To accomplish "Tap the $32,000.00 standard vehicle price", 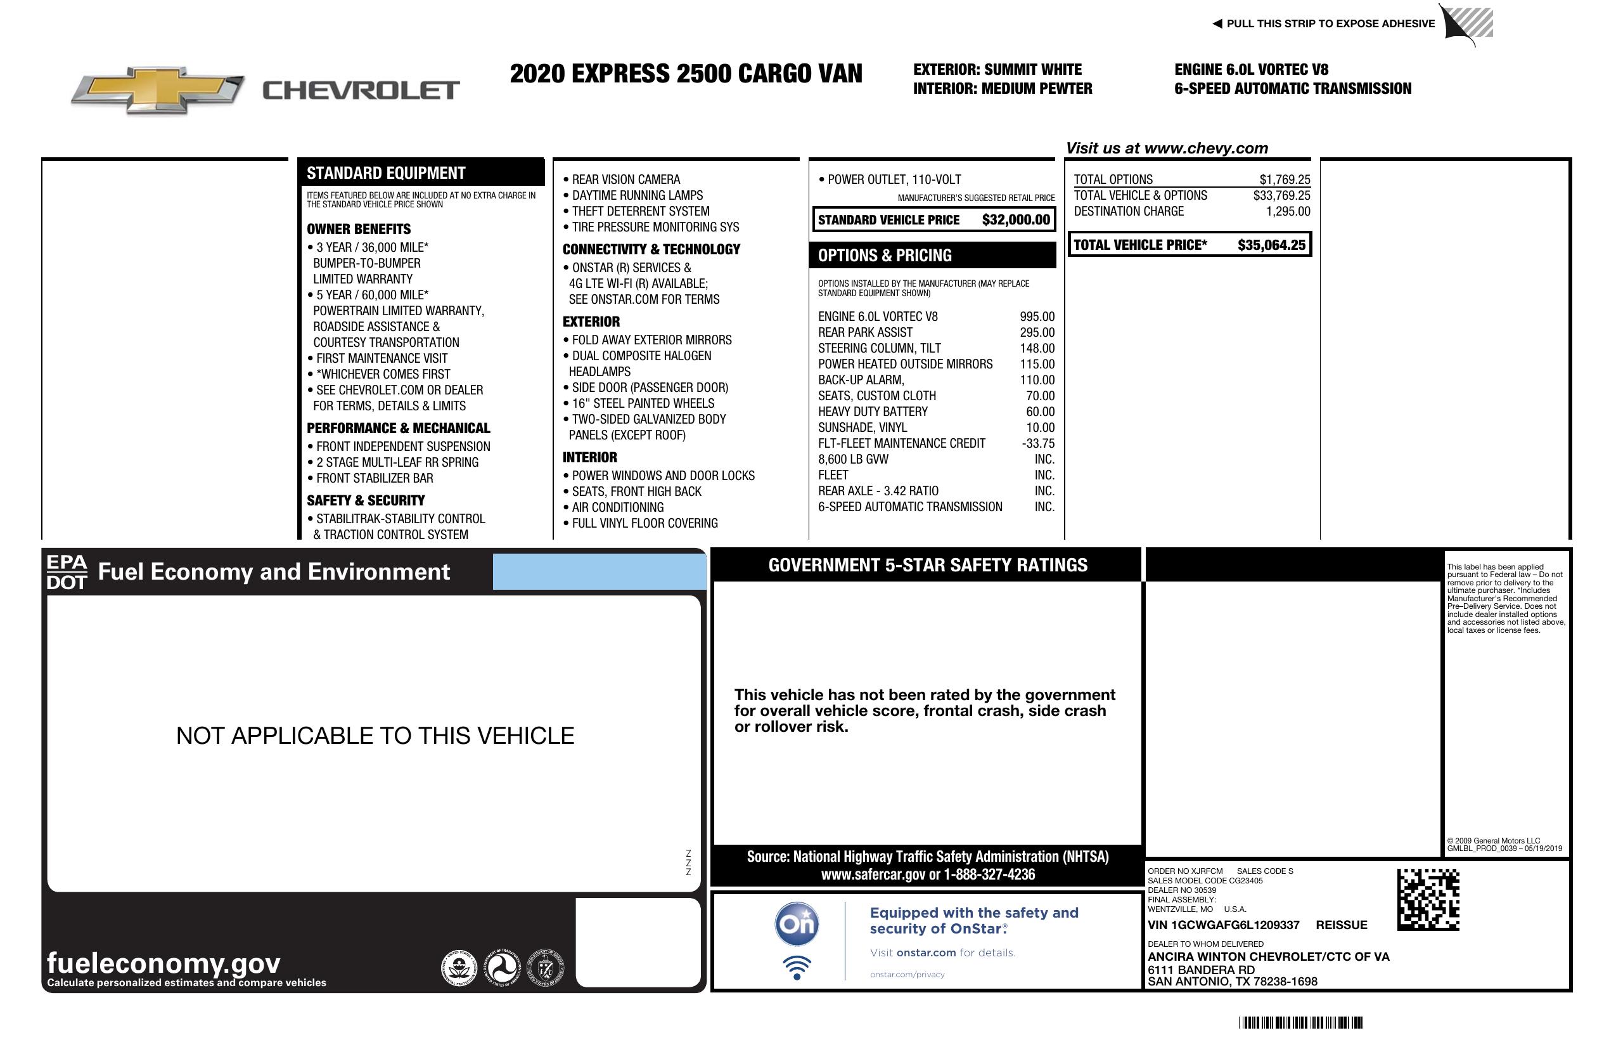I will click(x=1015, y=220).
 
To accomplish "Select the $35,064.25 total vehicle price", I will click(x=1271, y=245).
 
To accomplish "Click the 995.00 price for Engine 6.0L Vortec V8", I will click(x=1037, y=316).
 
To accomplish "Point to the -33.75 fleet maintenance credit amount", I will click(x=1037, y=444).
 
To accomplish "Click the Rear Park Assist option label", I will click(x=865, y=332).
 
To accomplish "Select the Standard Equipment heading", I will click(x=386, y=173).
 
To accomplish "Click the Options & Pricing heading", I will click(x=884, y=256).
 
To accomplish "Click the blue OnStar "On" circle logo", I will click(x=797, y=924).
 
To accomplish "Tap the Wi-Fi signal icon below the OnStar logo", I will click(x=797, y=967).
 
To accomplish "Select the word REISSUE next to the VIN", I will click(x=1341, y=925).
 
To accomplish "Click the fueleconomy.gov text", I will click(x=164, y=963).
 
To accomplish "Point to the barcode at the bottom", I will click(x=1300, y=1022).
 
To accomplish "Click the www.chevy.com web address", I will click(x=1205, y=148).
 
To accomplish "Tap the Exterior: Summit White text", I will click(x=997, y=69).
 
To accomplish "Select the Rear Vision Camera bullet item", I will click(x=625, y=179).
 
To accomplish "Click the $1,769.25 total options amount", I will click(x=1284, y=179).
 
